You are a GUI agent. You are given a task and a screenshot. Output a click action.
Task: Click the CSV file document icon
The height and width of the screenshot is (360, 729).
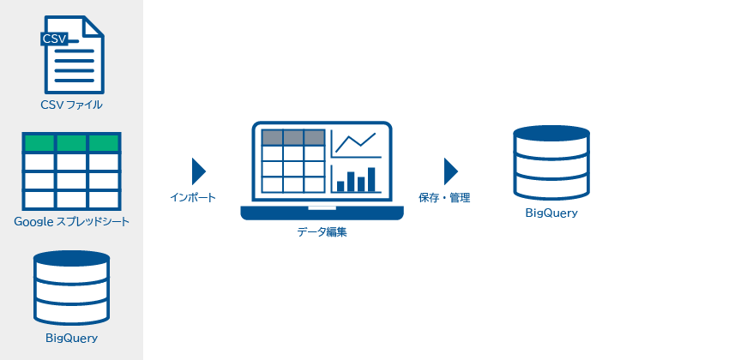[x=73, y=55]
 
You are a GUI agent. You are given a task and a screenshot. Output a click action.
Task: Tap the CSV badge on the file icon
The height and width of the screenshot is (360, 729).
[x=54, y=39]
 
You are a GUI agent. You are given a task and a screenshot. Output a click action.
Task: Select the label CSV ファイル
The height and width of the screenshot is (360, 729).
[x=71, y=105]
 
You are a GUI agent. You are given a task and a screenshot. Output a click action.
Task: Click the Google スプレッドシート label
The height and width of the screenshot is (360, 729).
[x=71, y=222]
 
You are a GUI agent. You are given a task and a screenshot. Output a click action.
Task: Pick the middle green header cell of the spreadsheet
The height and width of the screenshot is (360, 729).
[x=71, y=143]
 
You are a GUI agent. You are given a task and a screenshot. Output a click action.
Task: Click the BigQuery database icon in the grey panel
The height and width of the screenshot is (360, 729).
[x=71, y=288]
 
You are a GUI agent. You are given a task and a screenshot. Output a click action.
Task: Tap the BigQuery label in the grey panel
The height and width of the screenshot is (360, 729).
[x=71, y=338]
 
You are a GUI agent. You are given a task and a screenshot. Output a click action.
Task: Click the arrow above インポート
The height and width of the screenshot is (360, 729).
[x=198, y=171]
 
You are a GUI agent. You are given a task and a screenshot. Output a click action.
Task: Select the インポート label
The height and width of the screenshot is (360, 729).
[x=192, y=197]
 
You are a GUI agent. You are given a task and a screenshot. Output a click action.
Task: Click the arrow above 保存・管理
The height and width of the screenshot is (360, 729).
[x=451, y=171]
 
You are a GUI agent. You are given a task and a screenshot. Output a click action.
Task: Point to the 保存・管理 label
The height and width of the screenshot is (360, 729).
[x=444, y=198]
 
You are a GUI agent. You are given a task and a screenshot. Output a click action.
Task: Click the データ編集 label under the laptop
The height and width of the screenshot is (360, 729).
[x=322, y=231]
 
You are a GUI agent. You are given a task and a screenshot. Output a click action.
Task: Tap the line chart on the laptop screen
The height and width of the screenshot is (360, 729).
[x=356, y=142]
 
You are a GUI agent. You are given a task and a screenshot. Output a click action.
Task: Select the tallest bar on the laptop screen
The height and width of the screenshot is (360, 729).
[x=371, y=179]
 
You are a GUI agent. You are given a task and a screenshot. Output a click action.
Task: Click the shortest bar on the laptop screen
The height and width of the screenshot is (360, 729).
[x=340, y=186]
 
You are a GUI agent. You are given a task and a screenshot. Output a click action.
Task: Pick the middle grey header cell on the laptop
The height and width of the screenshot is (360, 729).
[x=293, y=137]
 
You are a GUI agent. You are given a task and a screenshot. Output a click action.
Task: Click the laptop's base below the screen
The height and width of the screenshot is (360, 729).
[x=322, y=213]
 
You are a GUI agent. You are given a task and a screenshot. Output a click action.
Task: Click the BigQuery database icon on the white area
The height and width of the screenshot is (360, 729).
[x=551, y=163]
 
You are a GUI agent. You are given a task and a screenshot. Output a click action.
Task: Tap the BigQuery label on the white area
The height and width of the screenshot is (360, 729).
[x=551, y=213]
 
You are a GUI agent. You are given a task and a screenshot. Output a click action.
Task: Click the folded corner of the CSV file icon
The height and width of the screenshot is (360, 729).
[x=94, y=26]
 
